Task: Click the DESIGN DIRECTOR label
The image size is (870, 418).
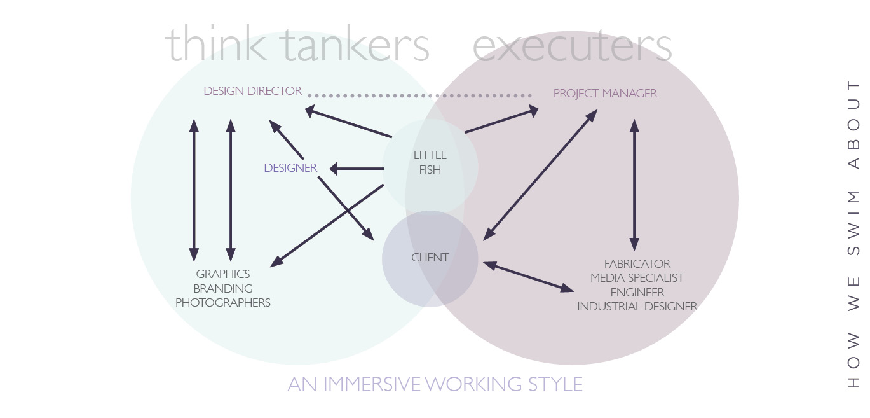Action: click(252, 91)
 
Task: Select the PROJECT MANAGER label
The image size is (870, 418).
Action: click(605, 94)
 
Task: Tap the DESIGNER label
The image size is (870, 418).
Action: click(290, 168)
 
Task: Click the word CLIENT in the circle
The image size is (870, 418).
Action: click(430, 258)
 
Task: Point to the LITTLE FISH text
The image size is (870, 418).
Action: click(430, 162)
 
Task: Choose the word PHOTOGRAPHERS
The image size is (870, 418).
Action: click(223, 303)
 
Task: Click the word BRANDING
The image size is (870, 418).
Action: click(223, 289)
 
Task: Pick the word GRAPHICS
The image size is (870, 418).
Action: click(223, 274)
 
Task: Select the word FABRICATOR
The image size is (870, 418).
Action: click(637, 263)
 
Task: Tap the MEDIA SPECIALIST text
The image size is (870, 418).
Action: click(637, 278)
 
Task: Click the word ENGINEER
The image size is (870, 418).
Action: click(637, 293)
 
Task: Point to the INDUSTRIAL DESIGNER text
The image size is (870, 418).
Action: click(637, 307)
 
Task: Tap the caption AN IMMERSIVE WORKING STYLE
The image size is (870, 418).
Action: click(435, 384)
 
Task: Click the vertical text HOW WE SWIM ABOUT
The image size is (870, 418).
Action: click(853, 234)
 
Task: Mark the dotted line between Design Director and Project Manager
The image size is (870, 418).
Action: click(419, 95)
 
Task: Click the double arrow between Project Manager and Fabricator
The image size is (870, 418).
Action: click(634, 185)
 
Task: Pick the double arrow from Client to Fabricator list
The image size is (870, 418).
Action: click(528, 277)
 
